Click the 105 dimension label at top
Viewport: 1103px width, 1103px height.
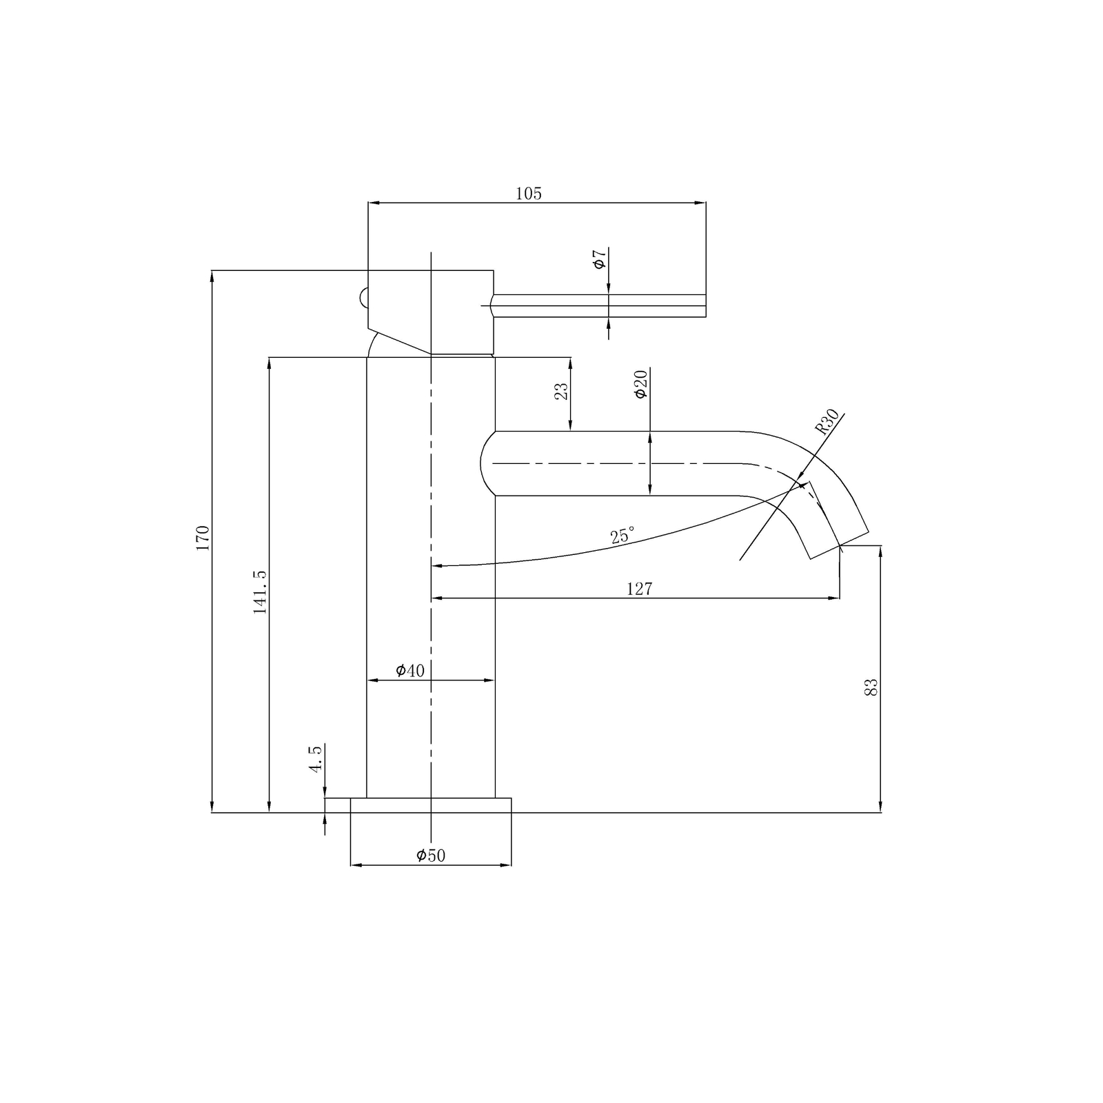pos(529,194)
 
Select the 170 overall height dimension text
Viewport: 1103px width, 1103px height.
pos(203,538)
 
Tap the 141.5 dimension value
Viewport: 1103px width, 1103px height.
pos(260,591)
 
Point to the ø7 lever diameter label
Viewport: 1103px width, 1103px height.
pos(599,260)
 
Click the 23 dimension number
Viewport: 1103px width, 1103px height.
pos(562,391)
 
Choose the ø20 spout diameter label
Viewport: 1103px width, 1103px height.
pos(640,384)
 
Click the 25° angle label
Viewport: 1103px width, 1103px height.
pos(622,536)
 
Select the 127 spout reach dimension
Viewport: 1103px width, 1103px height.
pos(639,589)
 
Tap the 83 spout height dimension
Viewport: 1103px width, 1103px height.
pos(871,687)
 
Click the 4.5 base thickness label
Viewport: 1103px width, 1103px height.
pos(316,758)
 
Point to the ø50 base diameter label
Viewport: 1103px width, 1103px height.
pos(431,856)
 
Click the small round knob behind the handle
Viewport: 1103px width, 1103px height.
pos(362,298)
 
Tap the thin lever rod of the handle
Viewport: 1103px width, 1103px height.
pos(600,306)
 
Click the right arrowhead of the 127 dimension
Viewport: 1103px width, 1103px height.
pos(835,598)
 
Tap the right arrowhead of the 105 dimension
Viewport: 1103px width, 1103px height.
pos(701,203)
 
